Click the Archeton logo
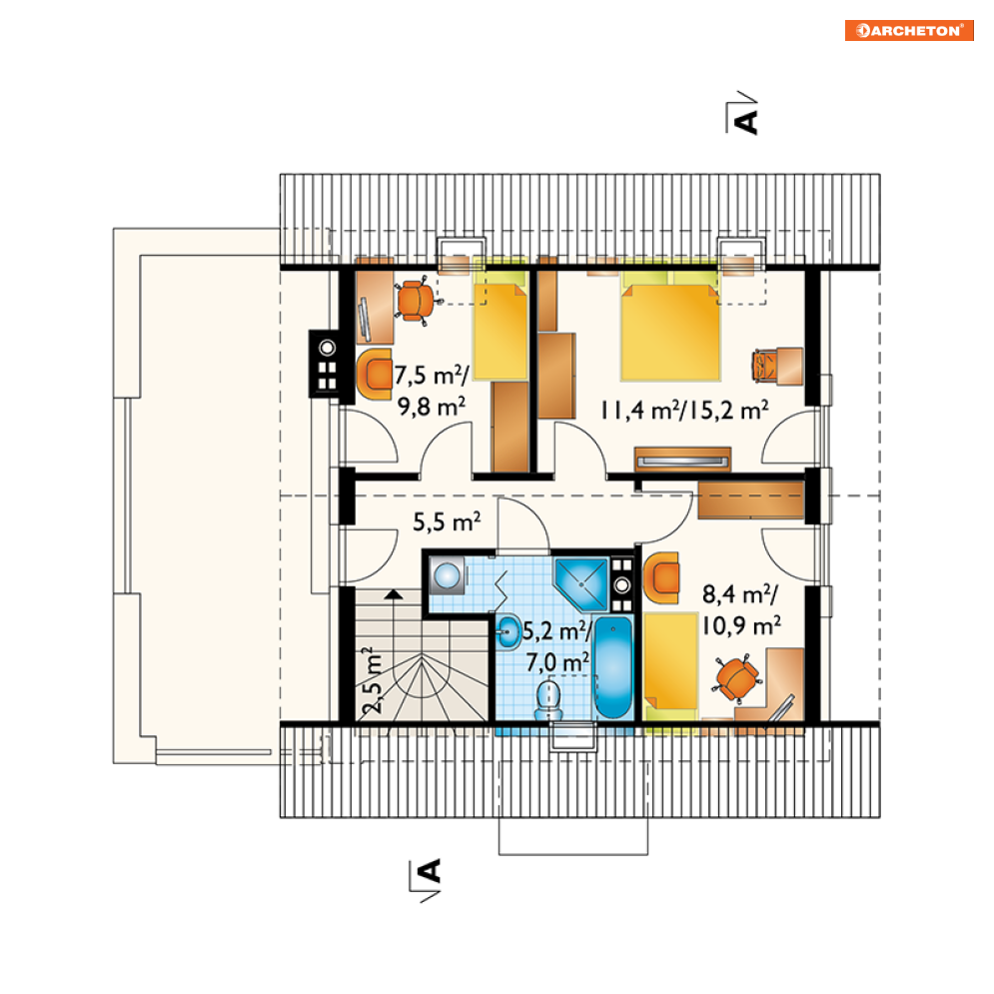coord(909,30)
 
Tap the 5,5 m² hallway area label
coord(447,521)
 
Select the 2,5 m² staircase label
coord(374,680)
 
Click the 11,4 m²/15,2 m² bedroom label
coord(684,411)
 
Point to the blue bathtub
coord(613,667)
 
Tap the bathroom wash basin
coord(508,632)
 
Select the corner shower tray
coord(581,583)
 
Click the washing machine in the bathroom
coord(447,575)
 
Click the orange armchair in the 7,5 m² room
coord(376,374)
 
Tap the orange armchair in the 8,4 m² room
coord(661,577)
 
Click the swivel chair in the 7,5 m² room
coord(417,301)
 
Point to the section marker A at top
coord(742,114)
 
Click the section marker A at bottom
coord(426,880)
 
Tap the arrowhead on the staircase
coord(395,594)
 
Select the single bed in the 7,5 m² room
coord(500,324)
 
